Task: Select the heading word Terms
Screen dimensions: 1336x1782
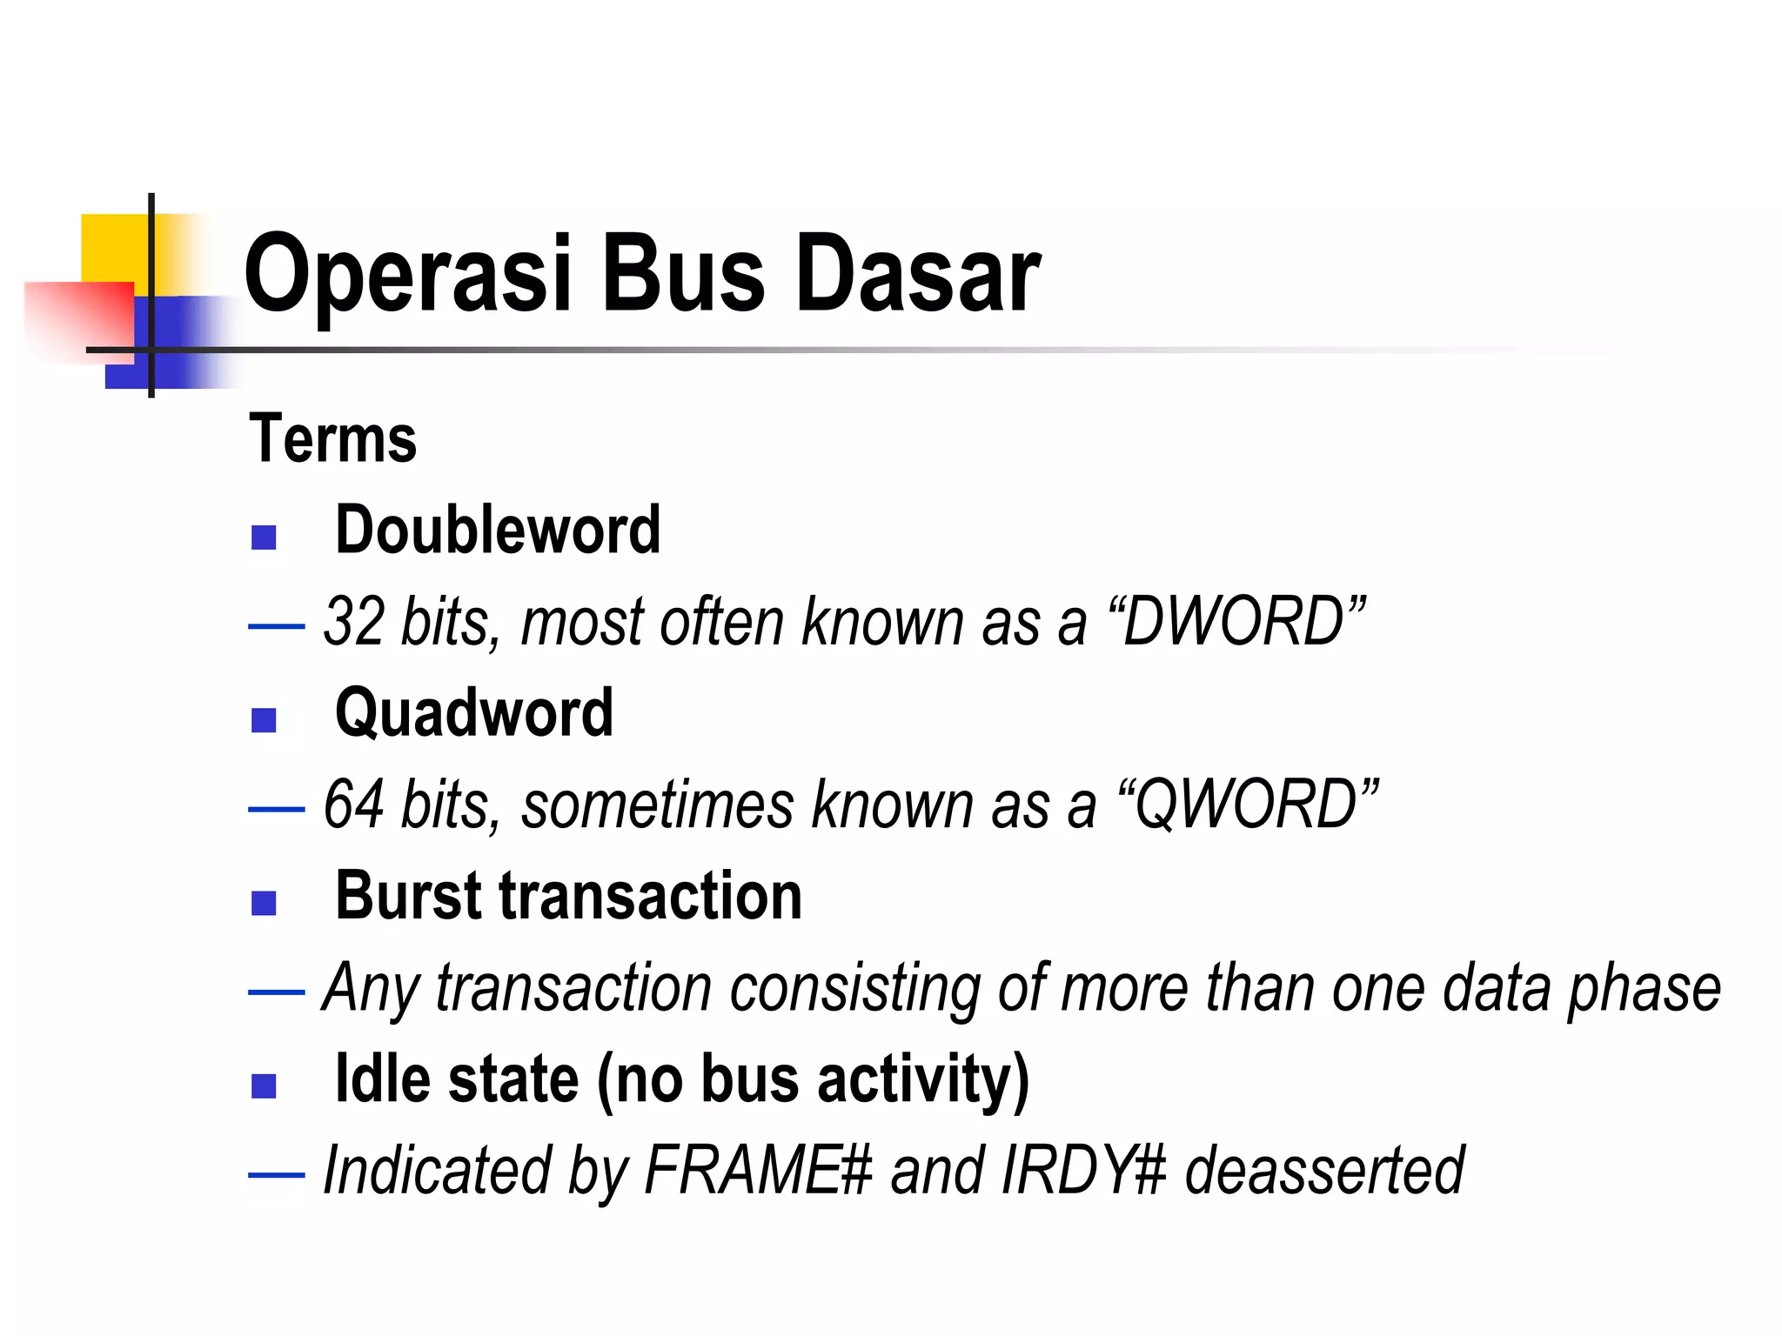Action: tap(332, 439)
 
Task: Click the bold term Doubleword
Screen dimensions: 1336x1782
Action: tap(498, 530)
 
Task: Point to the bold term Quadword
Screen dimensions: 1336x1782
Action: tap(474, 712)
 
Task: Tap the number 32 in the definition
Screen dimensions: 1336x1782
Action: tap(353, 622)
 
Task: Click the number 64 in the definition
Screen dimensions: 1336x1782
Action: tap(353, 805)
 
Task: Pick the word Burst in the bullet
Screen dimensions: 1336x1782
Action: tap(409, 896)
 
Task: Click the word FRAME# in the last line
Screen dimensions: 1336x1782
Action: tap(758, 1171)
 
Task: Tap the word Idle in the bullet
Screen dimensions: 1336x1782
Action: tap(382, 1079)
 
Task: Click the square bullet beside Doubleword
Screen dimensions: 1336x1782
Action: tap(264, 538)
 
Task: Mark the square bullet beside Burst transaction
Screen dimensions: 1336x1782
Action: tap(264, 903)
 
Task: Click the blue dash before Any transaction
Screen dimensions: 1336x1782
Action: tap(276, 992)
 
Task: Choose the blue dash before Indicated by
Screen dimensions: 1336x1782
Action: tap(276, 1175)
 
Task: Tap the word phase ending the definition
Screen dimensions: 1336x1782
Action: tap(1644, 990)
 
